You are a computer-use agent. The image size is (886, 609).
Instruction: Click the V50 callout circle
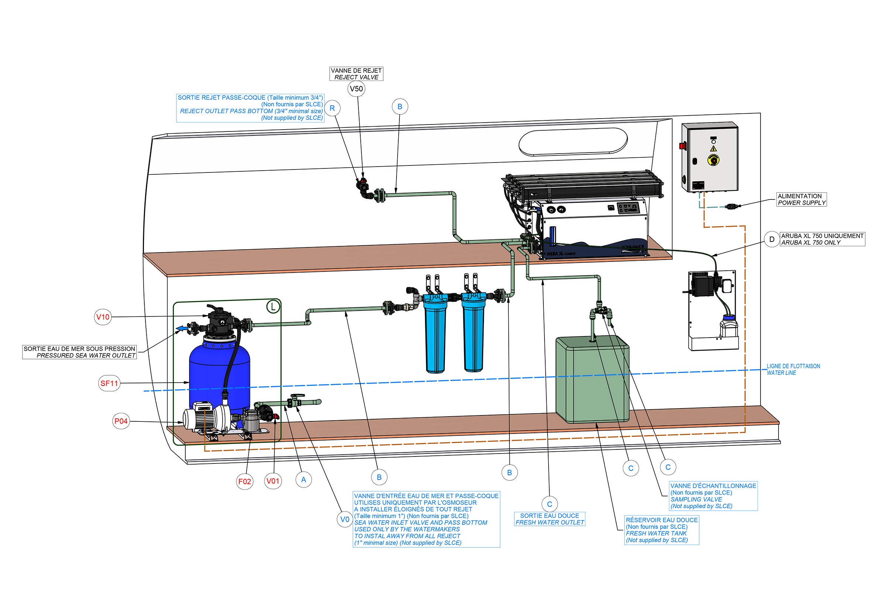356,89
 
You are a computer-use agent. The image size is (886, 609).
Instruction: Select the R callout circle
332,108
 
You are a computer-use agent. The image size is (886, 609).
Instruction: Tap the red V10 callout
103,317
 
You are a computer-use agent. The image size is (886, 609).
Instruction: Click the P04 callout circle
121,421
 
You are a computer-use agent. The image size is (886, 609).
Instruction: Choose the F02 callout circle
244,481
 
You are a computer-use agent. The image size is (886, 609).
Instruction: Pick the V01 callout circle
273,481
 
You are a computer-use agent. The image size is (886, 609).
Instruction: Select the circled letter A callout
303,480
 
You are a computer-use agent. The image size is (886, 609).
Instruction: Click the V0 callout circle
345,519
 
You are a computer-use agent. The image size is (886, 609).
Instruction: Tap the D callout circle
772,240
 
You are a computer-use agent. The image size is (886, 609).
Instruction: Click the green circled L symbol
273,307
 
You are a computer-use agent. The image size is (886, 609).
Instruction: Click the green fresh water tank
592,380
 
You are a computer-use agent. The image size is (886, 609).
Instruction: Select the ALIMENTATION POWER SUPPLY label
802,199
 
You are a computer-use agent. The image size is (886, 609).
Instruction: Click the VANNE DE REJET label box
356,74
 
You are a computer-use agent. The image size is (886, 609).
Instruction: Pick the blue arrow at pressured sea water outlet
182,328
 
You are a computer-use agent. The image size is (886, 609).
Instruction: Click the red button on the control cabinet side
683,146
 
